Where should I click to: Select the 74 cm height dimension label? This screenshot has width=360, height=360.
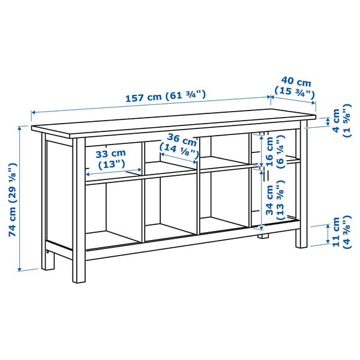coord(12,201)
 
